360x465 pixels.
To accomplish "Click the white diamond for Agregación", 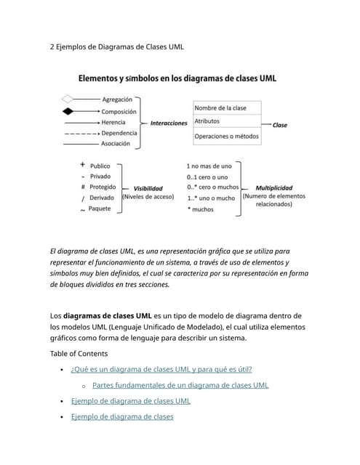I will tap(68, 100).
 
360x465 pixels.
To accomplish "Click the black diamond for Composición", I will tap(68, 111).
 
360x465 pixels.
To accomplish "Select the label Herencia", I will tap(113, 122).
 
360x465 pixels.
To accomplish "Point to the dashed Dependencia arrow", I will tap(81, 133).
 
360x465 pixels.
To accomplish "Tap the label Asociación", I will tap(116, 144).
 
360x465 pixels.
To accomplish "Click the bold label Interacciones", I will tap(169, 124).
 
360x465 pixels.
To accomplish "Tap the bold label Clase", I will tap(279, 125).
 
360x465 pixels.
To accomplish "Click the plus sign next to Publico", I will tap(83, 166).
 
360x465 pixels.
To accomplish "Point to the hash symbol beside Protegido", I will tap(83, 187).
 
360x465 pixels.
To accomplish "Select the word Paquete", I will tap(100, 209).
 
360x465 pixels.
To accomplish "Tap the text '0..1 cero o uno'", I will tap(207, 177).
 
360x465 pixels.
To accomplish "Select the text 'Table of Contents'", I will tap(79, 354).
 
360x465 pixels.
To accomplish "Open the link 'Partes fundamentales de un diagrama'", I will tap(180, 385).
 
